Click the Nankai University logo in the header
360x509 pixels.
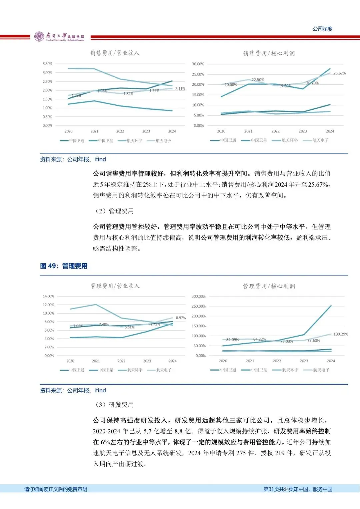pos(59,36)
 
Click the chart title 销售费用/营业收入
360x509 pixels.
pos(115,53)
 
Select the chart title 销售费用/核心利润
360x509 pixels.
pos(269,53)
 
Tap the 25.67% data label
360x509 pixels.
pos(339,73)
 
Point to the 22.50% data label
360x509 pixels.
pos(258,80)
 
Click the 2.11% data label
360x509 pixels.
pos(180,89)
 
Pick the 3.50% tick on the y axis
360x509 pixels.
pos(47,64)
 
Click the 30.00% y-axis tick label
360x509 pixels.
pos(198,64)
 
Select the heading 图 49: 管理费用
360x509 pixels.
pos(64,266)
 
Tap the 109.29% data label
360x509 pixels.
pos(341,334)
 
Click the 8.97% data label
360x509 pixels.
pos(181,318)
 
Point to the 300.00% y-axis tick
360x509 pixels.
pos(199,296)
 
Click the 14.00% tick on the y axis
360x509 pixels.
pos(48,296)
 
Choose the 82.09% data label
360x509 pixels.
pos(232,340)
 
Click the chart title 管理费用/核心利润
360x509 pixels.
pos(269,286)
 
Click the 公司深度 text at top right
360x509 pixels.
pos(322,29)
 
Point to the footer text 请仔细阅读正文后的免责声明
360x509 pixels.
pos(56,489)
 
